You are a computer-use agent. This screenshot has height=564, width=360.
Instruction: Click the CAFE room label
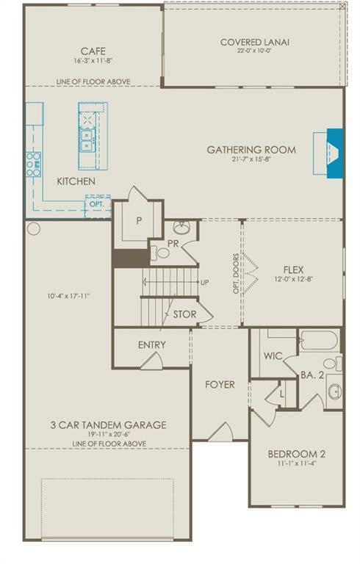tap(93, 51)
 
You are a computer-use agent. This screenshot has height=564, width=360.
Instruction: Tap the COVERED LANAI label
tap(254, 43)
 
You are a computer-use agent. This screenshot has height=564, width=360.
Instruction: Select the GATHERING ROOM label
tap(251, 150)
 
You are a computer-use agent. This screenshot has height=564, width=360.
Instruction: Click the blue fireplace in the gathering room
tap(334, 152)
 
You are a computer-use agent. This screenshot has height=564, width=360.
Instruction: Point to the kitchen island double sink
tap(87, 140)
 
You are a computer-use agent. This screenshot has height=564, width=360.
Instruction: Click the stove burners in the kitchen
tap(33, 164)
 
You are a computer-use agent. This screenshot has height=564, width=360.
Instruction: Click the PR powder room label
tap(173, 242)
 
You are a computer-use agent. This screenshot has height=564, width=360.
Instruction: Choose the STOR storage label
tap(184, 314)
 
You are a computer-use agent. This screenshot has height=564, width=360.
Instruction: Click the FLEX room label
tap(293, 270)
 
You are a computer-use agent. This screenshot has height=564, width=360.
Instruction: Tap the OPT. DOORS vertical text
tap(237, 272)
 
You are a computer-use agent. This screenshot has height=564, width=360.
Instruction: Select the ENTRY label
tap(151, 344)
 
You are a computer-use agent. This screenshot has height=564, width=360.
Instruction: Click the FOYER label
tap(220, 384)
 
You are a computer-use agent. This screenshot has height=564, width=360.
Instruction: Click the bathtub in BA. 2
tap(318, 341)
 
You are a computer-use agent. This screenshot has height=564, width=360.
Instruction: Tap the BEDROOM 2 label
tap(297, 454)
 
